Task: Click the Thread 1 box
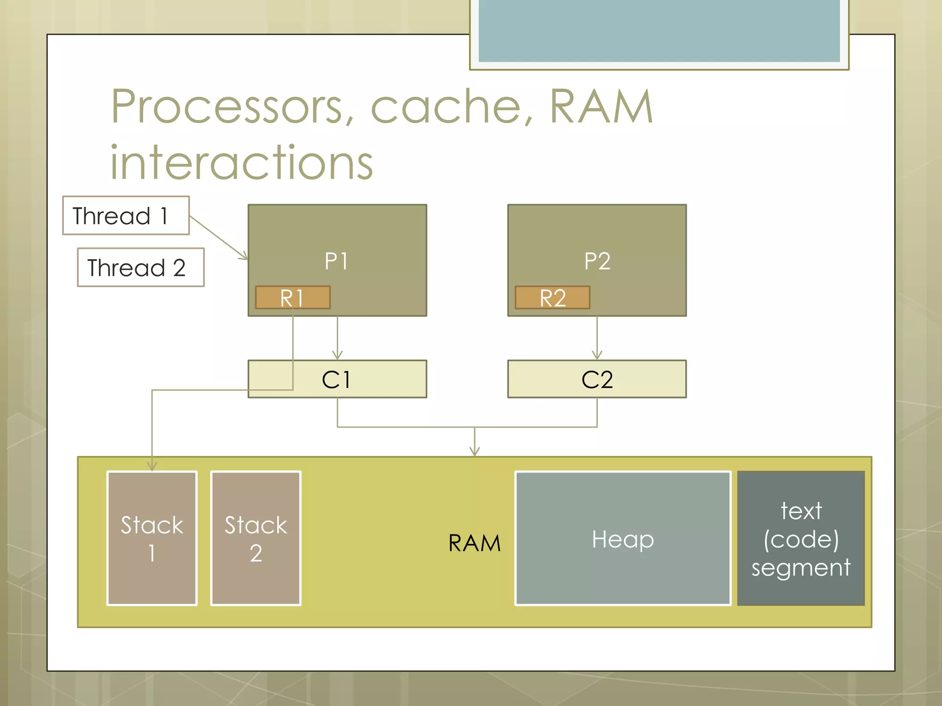[126, 216]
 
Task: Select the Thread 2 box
[140, 268]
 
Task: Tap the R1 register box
[293, 298]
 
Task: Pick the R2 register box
[552, 298]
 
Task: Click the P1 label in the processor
[337, 261]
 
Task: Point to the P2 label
[597, 261]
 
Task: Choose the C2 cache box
[597, 379]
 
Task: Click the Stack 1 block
[152, 538]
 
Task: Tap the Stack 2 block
[256, 538]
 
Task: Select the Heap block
[623, 538]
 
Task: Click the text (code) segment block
[801, 538]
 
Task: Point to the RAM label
[474, 543]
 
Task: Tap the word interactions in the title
[241, 162]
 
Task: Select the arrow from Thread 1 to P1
[218, 238]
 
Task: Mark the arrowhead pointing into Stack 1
[152, 467]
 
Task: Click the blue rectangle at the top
[659, 30]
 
